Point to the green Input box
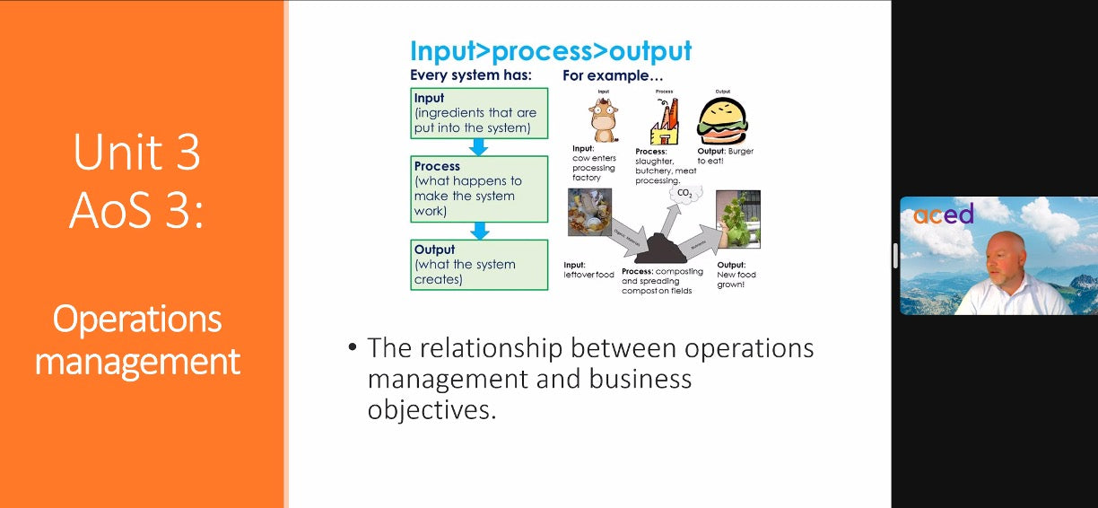click(479, 113)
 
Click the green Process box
click(479, 188)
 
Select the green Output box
click(479, 265)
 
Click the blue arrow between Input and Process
click(479, 147)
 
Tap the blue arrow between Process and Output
click(480, 231)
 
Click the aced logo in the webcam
click(943, 214)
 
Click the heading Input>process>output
click(551, 50)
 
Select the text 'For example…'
click(606, 75)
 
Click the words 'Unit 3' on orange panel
click(136, 153)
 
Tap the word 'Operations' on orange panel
click(137, 319)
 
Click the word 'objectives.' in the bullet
click(431, 410)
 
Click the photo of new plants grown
click(738, 218)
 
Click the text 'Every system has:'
click(470, 75)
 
